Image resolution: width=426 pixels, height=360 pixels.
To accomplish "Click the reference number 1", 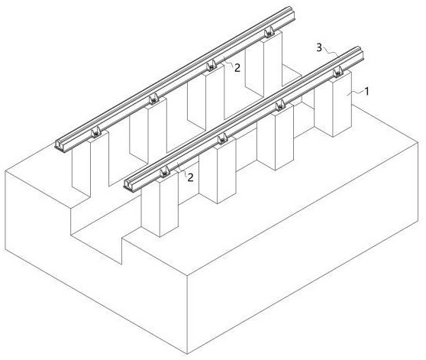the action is click(x=366, y=92).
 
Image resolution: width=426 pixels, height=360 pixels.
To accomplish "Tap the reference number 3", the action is click(x=319, y=47).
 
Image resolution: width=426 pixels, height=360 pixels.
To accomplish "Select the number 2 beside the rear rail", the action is click(x=237, y=68).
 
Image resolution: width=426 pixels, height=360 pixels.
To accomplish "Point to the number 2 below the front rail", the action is click(x=190, y=177).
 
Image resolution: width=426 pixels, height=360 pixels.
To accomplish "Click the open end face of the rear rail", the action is click(x=60, y=144).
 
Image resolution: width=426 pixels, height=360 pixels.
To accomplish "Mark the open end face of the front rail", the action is click(x=128, y=185).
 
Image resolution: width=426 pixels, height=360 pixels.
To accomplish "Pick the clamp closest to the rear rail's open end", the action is click(x=95, y=132).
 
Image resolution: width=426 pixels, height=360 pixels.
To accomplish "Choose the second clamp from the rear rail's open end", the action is click(x=153, y=99).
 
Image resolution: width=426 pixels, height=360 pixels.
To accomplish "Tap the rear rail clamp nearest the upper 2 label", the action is click(x=211, y=66).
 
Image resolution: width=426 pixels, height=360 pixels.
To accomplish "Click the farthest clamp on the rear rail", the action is click(x=269, y=32).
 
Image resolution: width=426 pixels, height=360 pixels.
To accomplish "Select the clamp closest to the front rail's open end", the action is click(x=165, y=173).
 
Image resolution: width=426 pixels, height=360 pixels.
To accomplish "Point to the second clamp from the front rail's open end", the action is click(x=222, y=139).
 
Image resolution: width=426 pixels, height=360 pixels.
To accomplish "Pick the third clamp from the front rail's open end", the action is click(x=280, y=105).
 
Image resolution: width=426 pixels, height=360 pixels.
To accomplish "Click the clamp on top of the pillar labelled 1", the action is click(x=337, y=72).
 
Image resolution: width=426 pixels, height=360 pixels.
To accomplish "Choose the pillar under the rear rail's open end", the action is click(x=90, y=163).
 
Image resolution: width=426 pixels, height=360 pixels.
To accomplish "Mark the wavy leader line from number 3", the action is click(x=331, y=51).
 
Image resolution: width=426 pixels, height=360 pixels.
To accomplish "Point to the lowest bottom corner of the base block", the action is click(x=188, y=354).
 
